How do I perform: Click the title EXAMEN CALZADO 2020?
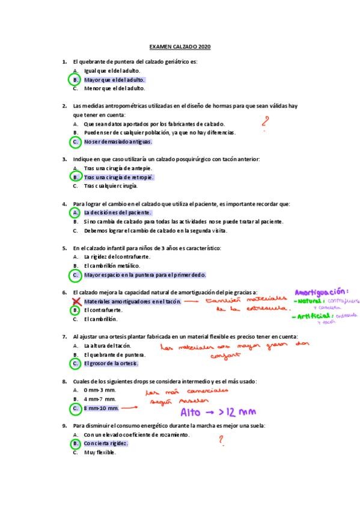point(180,46)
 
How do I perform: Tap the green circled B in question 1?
point(76,79)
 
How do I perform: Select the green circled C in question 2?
point(76,142)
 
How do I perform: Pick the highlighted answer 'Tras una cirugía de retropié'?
point(118,177)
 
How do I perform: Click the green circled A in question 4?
point(76,212)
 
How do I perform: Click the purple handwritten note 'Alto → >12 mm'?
point(218,412)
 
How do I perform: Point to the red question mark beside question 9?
point(221,441)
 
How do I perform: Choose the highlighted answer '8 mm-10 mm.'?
point(102,408)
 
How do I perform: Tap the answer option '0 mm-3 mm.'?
point(100,390)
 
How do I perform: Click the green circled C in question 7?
point(76,363)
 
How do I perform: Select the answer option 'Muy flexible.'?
point(100,452)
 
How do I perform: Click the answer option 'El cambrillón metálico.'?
point(112,265)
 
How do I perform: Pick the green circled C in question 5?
point(76,275)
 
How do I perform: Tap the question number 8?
point(64,381)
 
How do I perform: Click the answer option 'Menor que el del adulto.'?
point(114,88)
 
